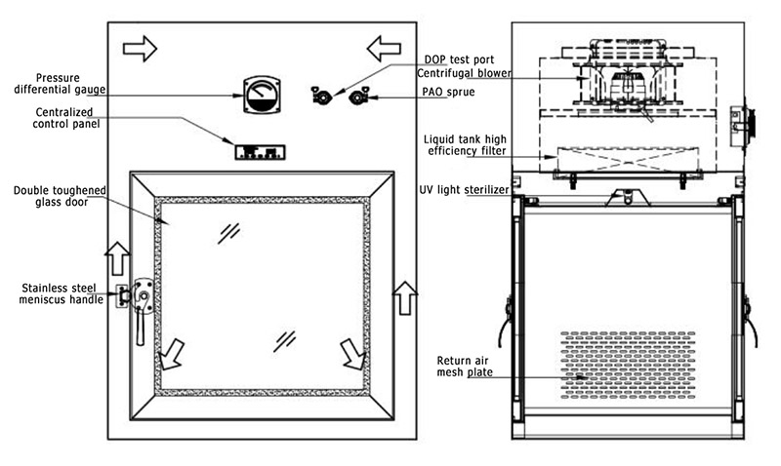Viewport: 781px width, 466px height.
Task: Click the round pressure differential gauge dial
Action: [257, 96]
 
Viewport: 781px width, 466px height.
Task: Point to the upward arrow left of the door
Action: [115, 257]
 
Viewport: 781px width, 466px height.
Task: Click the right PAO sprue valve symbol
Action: [358, 96]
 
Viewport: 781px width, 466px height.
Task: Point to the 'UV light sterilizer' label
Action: [464, 190]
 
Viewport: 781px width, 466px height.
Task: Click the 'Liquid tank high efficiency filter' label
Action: [467, 145]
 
